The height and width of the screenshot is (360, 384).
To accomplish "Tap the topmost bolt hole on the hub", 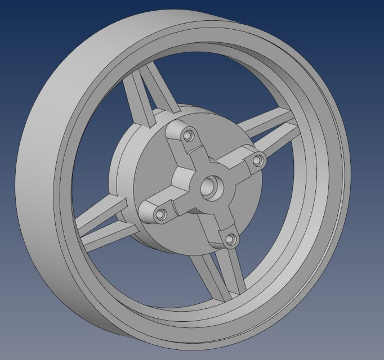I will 188,136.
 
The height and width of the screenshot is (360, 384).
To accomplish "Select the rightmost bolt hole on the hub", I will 258,161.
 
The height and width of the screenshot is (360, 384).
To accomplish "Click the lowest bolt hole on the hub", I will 230,239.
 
